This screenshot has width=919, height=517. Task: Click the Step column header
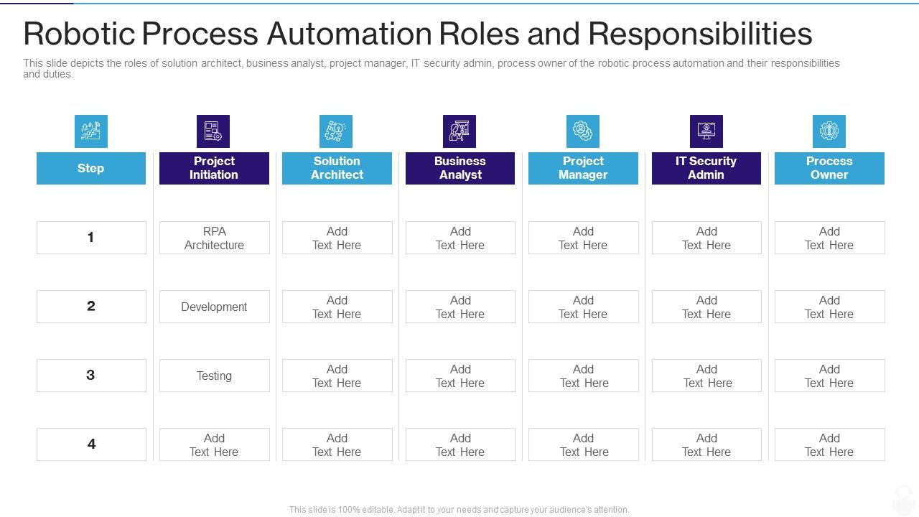click(91, 168)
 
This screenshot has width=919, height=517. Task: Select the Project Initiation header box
click(214, 168)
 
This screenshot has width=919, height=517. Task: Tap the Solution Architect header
click(337, 168)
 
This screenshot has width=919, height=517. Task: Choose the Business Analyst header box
click(460, 168)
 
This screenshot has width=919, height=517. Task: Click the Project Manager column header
click(583, 168)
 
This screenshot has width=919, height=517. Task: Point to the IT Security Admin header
click(706, 168)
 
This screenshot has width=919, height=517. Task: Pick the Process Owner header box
click(829, 168)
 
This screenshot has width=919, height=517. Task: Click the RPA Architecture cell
click(214, 238)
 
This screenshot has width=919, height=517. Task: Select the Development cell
click(214, 307)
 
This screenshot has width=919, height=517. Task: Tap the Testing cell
click(214, 376)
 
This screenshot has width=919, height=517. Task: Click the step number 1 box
click(91, 238)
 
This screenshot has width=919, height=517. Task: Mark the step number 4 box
click(91, 444)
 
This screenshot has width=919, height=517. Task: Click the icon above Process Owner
click(829, 131)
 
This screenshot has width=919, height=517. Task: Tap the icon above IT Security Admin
click(706, 131)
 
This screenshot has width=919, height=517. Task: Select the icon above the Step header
click(91, 131)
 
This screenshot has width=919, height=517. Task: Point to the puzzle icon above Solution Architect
click(336, 131)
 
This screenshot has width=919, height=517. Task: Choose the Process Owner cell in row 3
click(829, 376)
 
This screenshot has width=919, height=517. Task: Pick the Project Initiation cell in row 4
click(214, 444)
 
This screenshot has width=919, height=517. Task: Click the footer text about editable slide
click(459, 510)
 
